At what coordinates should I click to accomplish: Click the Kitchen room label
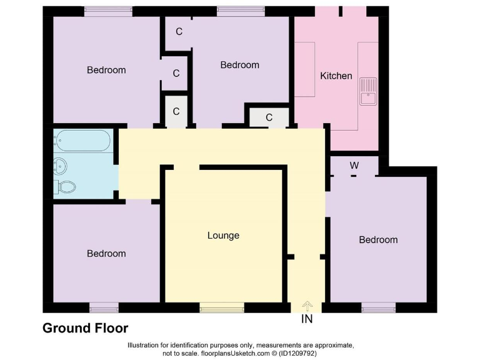tap(336, 76)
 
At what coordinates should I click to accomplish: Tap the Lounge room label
tap(223, 236)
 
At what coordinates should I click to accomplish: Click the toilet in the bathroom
tap(66, 186)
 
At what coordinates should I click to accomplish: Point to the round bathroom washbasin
tap(60, 166)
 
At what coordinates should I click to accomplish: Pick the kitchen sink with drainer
tap(368, 91)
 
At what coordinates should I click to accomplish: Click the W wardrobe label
tap(354, 166)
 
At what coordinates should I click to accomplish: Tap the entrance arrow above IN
tap(307, 305)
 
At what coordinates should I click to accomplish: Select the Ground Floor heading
tap(85, 328)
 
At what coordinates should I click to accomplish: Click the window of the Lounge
tap(222, 307)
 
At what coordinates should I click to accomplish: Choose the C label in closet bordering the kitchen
tap(269, 117)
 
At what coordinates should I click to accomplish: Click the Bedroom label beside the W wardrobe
tap(378, 239)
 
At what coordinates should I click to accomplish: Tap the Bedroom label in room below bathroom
tap(106, 253)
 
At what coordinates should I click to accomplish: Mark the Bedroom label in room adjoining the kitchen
tap(240, 65)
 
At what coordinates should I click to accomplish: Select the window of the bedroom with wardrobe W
tap(378, 307)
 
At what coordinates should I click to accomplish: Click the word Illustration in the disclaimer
tap(146, 345)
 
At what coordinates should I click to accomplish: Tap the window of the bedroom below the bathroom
tap(104, 307)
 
